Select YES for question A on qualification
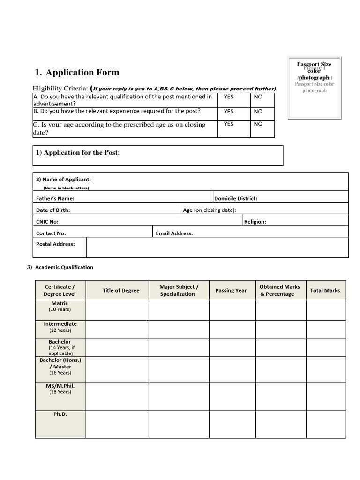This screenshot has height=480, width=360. (x=228, y=97)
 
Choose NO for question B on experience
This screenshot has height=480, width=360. (x=258, y=112)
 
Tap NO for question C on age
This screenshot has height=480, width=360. (x=258, y=124)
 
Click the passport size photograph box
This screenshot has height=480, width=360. (x=315, y=87)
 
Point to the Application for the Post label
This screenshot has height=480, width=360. (x=77, y=153)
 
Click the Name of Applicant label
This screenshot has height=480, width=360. (x=64, y=179)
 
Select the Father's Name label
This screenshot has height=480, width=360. (x=55, y=198)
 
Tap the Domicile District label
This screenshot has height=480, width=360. (x=236, y=198)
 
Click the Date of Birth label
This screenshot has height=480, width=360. (x=53, y=210)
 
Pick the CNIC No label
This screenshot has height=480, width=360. (x=47, y=222)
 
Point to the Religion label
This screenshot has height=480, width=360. (x=255, y=222)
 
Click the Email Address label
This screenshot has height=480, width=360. (x=174, y=233)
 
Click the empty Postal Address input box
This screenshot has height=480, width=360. (x=217, y=247)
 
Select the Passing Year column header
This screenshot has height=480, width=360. (x=231, y=291)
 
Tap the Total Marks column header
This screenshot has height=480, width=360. (x=325, y=291)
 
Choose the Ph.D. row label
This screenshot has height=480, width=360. (x=60, y=414)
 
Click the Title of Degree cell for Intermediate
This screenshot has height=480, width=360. (x=117, y=329)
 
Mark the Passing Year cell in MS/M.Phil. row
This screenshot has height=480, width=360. (x=232, y=396)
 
